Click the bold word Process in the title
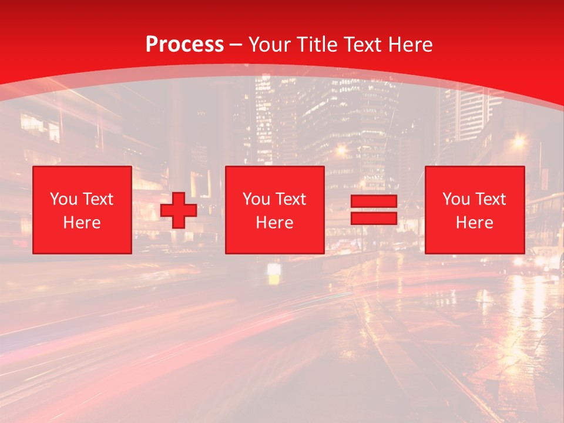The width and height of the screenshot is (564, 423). [184, 45]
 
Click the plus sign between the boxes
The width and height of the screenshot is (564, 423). [179, 210]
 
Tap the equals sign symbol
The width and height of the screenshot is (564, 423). [374, 210]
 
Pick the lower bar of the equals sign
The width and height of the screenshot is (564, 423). [374, 218]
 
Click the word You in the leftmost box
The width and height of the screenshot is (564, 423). [63, 199]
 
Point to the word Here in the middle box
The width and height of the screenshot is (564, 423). [275, 223]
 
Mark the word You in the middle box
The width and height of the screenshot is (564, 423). [256, 199]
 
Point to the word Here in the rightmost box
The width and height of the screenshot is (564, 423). [475, 223]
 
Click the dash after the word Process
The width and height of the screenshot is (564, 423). [236, 45]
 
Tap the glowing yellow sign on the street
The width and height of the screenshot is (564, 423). [274, 274]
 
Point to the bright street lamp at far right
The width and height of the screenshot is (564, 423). [518, 141]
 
